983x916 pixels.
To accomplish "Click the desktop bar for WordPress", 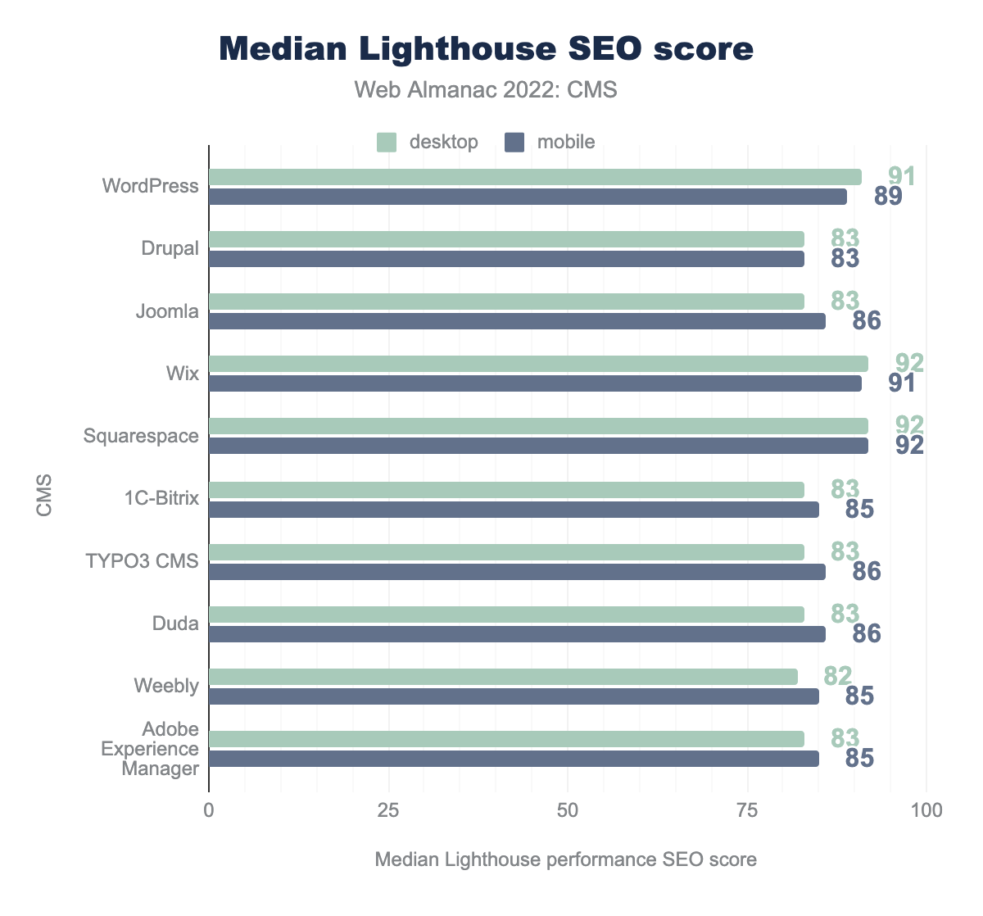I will click(535, 177).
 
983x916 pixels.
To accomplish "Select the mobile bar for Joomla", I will click(517, 321).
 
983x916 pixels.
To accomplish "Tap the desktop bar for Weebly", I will click(503, 677).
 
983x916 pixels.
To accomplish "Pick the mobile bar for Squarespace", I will click(538, 446).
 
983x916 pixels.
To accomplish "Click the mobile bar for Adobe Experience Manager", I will click(514, 759).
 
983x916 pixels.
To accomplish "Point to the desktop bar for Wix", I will click(538, 364).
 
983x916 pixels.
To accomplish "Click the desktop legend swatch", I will click(387, 142).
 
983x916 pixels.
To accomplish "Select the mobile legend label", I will click(566, 142).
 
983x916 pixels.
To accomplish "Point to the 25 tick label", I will click(388, 811).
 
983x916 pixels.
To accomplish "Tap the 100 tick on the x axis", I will click(926, 811).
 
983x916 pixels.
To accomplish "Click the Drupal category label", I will click(170, 248).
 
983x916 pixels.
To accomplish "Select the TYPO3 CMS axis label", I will click(143, 561).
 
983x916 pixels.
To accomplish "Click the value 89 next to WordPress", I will click(888, 197).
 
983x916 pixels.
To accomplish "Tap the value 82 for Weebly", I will click(838, 676).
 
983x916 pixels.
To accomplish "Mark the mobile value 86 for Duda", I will click(867, 633).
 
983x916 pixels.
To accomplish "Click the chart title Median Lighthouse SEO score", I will click(487, 49).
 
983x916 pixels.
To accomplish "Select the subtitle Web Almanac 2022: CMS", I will click(486, 90).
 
